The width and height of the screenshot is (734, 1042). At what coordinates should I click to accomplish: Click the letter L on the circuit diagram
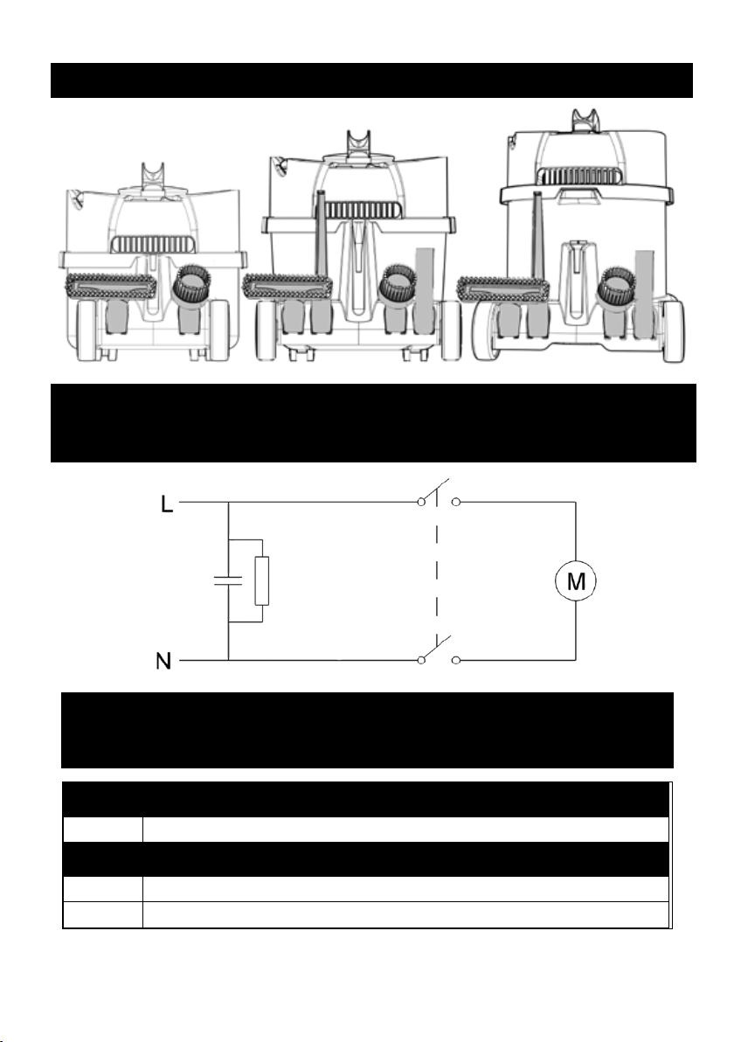tap(167, 503)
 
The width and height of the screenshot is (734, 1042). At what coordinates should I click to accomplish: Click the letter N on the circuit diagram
tap(163, 661)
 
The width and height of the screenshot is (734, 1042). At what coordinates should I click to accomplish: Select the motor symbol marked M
tap(575, 581)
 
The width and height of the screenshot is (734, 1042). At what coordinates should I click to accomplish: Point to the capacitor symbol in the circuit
tap(229, 581)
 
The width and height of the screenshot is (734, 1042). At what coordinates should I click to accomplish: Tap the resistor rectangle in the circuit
tap(262, 581)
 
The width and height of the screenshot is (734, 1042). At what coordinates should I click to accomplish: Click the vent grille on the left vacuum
tap(154, 244)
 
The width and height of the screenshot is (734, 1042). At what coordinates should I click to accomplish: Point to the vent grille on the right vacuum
tap(582, 176)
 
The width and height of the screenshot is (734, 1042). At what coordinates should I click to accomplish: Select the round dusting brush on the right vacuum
tap(617, 284)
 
